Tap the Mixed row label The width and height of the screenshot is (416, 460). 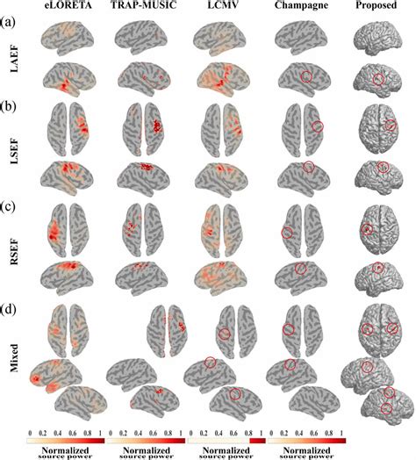(11, 356)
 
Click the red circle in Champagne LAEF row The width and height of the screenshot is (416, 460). (306, 77)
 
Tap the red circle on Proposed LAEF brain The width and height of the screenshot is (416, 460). (378, 81)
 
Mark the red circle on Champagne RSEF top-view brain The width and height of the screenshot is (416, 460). (287, 233)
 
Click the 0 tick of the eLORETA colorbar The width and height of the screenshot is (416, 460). (31, 434)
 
